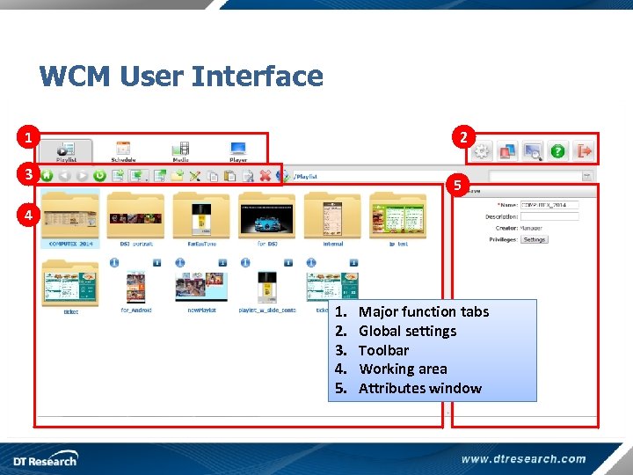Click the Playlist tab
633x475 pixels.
(x=66, y=150)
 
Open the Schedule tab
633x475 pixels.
(x=123, y=150)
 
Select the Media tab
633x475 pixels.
(x=180, y=150)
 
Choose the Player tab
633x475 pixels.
(x=238, y=150)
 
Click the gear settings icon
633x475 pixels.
(x=481, y=151)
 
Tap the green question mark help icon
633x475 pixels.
(x=557, y=151)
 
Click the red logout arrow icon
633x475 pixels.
(x=584, y=151)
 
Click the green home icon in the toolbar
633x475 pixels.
(x=47, y=176)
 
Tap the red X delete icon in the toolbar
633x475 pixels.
(x=265, y=176)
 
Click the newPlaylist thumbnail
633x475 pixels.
(x=200, y=288)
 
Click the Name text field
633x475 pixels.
(x=549, y=205)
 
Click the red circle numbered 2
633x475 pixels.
(x=462, y=137)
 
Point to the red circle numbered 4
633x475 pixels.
(x=29, y=215)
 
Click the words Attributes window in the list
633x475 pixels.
(x=419, y=388)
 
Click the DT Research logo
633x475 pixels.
(x=44, y=459)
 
